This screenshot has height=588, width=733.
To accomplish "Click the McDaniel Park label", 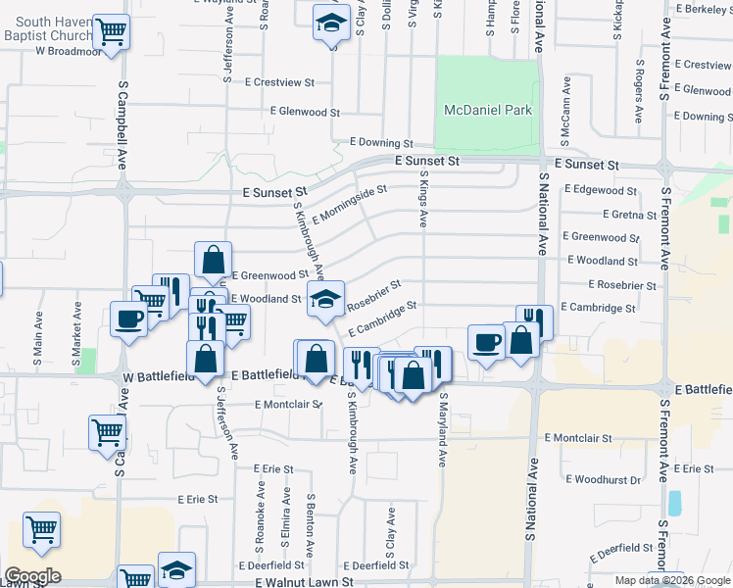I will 488,111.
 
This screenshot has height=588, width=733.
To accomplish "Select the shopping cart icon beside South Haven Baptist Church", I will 112,31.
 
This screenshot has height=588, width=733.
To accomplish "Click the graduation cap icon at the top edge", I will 332,21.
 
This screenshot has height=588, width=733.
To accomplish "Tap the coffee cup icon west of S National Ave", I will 487,342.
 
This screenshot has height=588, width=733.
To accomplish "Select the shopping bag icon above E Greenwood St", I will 213,260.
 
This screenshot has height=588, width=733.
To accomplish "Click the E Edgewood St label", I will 600,190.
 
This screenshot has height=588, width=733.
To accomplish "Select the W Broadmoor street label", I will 69,52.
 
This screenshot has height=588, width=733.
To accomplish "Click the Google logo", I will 31,576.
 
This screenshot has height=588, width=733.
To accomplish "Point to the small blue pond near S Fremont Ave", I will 674,503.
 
